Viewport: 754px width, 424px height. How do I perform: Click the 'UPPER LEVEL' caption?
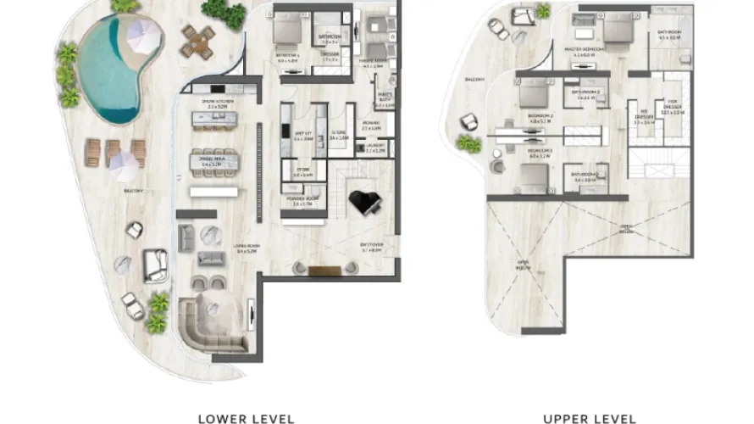(590, 418)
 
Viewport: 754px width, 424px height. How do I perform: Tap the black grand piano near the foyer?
(365, 203)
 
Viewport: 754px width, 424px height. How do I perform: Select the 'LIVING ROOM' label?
(247, 249)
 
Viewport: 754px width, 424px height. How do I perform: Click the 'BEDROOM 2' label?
(539, 119)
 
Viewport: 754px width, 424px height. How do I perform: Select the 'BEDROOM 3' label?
(539, 153)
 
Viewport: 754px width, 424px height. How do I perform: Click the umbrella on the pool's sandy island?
(143, 36)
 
